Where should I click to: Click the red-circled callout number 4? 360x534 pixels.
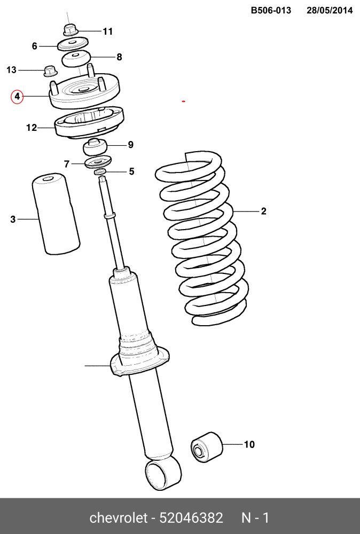click(x=17, y=97)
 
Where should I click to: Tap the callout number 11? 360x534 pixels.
click(x=107, y=32)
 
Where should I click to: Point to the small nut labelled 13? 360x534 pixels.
click(x=50, y=71)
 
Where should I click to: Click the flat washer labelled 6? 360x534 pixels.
click(x=73, y=44)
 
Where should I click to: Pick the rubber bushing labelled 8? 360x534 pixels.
click(x=76, y=59)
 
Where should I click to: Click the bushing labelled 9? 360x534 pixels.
click(x=96, y=147)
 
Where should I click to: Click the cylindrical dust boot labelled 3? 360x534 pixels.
click(x=56, y=214)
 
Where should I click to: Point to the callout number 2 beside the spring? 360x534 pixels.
click(x=263, y=211)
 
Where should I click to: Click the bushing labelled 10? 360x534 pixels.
click(x=206, y=447)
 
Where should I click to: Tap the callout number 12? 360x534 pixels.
click(x=32, y=128)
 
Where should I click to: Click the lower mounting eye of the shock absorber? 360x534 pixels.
click(x=163, y=473)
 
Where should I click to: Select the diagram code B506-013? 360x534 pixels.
click(x=271, y=11)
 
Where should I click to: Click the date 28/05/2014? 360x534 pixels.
click(x=330, y=11)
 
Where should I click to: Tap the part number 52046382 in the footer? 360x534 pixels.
click(x=191, y=517)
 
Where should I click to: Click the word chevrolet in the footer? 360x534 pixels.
click(x=118, y=517)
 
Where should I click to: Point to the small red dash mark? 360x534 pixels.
click(x=184, y=101)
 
